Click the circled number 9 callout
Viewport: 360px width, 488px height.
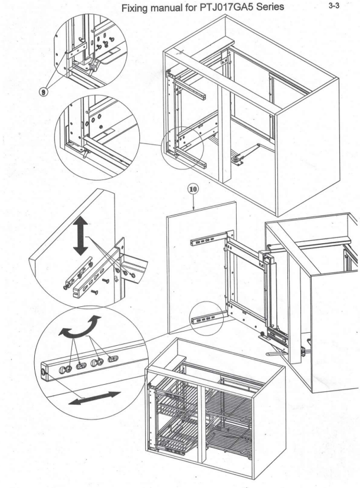[x=44, y=92]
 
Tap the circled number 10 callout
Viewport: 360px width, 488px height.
[x=193, y=189]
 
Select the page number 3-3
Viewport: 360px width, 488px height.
[x=334, y=5]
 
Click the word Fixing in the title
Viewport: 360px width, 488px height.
[x=133, y=8]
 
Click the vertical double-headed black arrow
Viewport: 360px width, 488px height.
[x=81, y=236]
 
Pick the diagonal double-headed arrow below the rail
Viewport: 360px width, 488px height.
[x=94, y=398]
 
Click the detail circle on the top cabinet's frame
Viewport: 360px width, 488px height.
[x=182, y=148]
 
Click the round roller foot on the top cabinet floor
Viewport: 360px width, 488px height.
[x=236, y=160]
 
